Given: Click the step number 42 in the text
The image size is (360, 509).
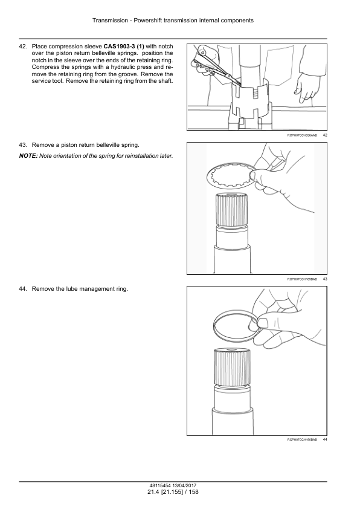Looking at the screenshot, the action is pos(23,47).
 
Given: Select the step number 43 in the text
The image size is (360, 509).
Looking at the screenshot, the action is pos(23,144).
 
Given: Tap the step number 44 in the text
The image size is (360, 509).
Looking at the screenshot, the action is pos(23,288).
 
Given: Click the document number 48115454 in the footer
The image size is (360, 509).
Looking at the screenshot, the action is pos(156,485).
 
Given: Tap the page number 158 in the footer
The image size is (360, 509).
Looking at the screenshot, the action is pos(194,492).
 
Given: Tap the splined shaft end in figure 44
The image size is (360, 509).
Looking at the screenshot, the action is pos(232,366).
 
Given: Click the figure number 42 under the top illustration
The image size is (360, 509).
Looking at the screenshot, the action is pos(325,135).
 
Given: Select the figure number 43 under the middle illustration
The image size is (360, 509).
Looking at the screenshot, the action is pos(325,279).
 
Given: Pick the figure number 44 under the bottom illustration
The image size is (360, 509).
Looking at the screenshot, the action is pos(325,439).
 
